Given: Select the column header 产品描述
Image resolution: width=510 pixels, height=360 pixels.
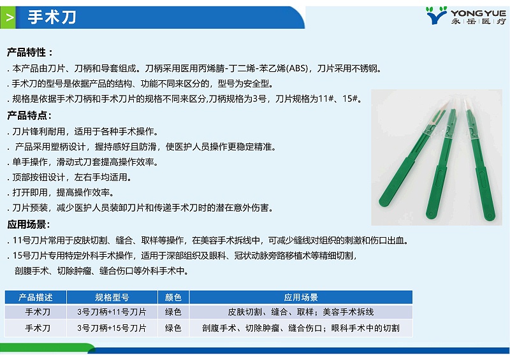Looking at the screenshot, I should (x=35, y=298).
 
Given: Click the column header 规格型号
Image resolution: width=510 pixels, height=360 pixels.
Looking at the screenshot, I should (x=112, y=298).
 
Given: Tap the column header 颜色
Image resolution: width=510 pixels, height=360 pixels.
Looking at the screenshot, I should (x=173, y=298).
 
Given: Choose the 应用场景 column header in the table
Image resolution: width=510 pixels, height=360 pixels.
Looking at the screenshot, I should (x=301, y=298).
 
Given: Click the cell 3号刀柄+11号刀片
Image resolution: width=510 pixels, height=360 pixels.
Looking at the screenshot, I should (x=112, y=312).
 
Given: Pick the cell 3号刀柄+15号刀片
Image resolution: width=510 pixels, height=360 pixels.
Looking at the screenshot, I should (x=112, y=328).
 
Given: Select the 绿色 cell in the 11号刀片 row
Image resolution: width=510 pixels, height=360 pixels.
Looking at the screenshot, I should (x=173, y=312).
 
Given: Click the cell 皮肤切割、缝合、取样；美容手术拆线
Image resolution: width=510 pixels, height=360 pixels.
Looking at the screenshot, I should (x=301, y=312).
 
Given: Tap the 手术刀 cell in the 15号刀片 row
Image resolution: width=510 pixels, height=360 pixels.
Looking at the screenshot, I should (x=35, y=328).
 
